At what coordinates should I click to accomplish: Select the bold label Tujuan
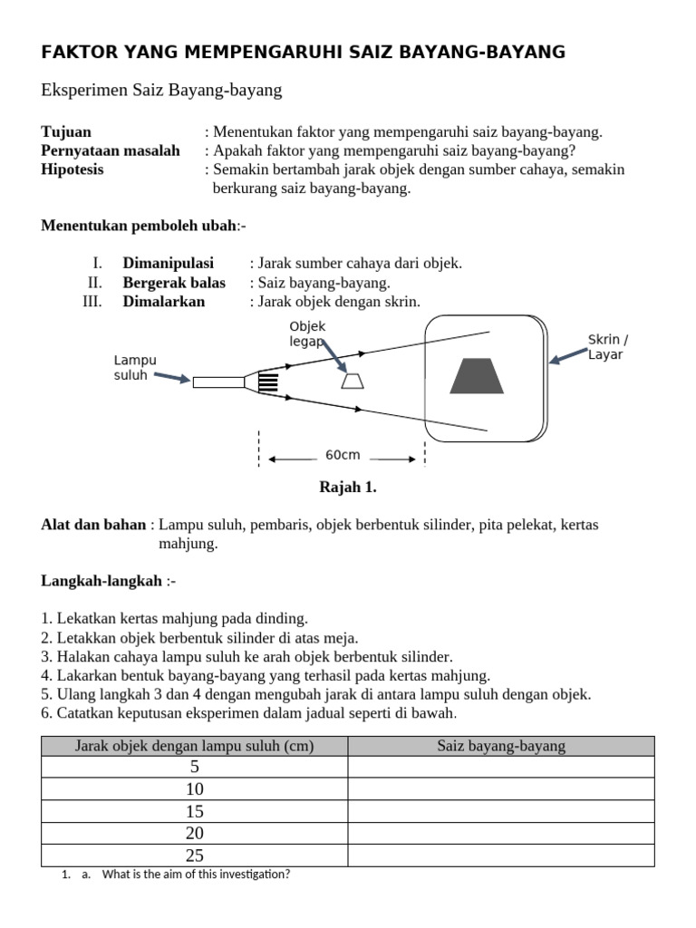(66, 131)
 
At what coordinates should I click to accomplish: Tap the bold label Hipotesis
(72, 169)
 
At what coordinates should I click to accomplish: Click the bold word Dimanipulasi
(169, 263)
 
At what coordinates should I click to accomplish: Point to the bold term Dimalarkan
(164, 301)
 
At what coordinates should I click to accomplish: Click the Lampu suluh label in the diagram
(135, 367)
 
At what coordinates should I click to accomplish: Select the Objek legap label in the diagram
(307, 333)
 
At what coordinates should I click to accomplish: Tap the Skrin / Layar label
(607, 347)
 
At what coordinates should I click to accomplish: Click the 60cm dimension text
(343, 454)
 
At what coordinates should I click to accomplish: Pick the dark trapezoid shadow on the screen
(478, 377)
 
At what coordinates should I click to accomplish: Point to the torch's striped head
(267, 382)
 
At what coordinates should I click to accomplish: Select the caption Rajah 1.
(347, 488)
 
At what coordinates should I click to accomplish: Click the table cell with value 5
(194, 768)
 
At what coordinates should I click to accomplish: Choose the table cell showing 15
(194, 811)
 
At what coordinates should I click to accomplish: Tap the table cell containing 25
(194, 855)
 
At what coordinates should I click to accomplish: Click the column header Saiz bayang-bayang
(501, 746)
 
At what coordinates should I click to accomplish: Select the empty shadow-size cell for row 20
(501, 834)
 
